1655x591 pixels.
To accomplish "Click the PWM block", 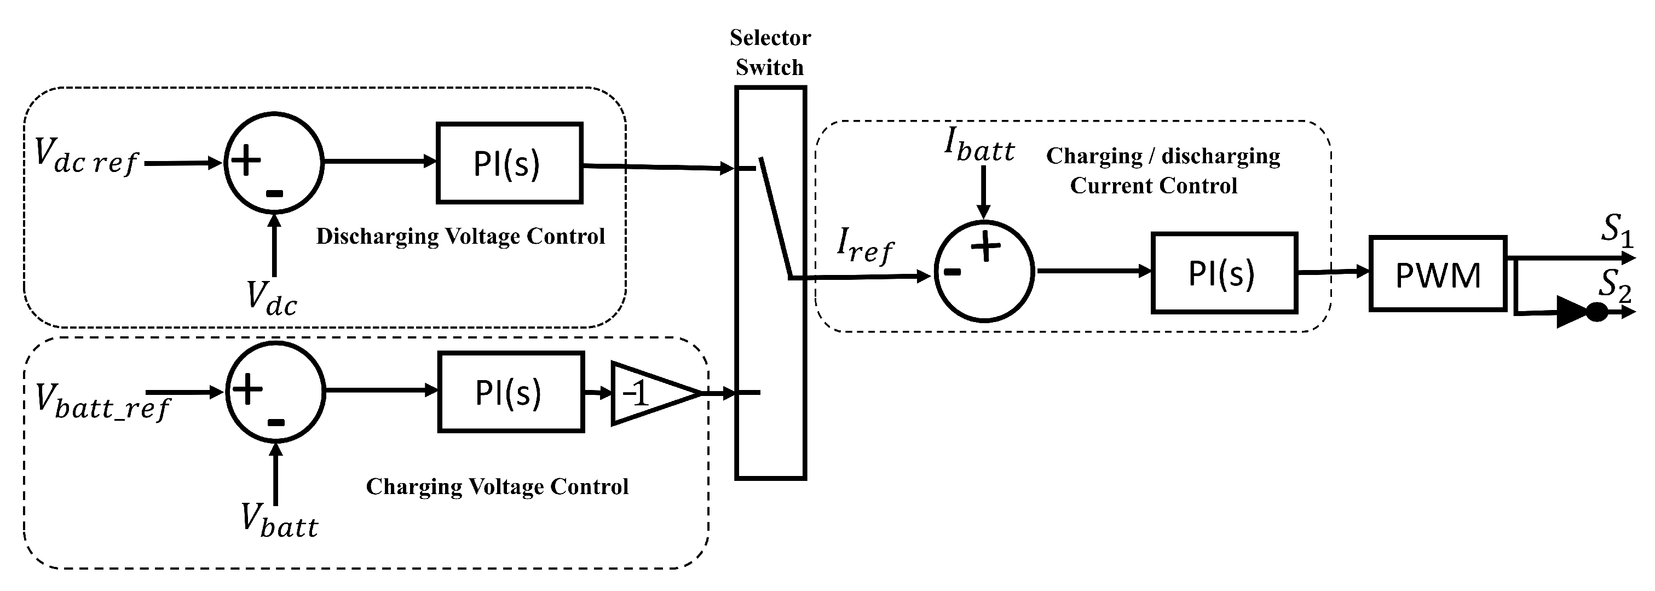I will coord(1438,274).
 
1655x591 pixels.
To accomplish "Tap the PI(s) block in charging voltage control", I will coord(511,392).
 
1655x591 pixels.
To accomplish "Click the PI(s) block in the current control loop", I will coord(1224,273).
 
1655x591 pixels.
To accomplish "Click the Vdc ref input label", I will coord(85,157).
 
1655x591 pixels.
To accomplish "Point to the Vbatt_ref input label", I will coord(101,400).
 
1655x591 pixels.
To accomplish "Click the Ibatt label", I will coord(979,146).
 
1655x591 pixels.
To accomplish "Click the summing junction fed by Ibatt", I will coord(984,271).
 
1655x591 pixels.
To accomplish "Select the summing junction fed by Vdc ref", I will coord(274,163).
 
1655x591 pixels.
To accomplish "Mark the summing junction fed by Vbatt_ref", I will coord(275,392).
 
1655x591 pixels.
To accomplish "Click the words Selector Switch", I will coord(770,52).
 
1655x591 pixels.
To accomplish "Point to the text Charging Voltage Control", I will coord(497,487).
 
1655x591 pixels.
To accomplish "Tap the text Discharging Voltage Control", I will coord(460,237).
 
